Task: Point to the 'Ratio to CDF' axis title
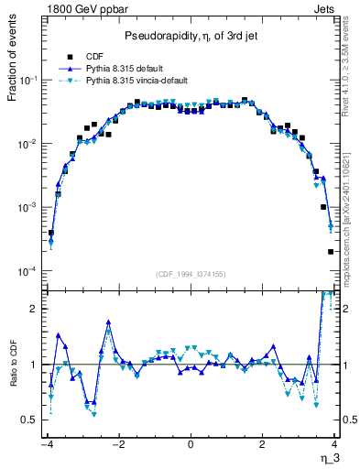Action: [x=12, y=376]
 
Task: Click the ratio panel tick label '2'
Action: [x=35, y=309]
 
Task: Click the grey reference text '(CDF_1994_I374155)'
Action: [x=191, y=274]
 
